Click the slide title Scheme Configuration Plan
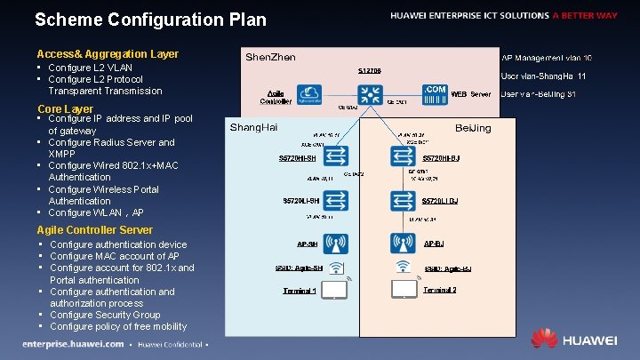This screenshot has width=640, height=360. (x=149, y=20)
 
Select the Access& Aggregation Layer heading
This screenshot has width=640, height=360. (x=108, y=54)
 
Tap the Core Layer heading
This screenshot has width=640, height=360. (x=65, y=108)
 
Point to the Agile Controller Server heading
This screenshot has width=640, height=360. (x=95, y=229)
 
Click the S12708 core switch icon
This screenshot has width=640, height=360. (x=369, y=93)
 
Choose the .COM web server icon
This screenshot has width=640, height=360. (x=435, y=94)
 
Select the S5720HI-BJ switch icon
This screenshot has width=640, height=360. (x=403, y=157)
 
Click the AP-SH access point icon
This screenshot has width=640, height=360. (x=335, y=242)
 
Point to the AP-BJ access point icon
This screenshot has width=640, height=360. (x=403, y=242)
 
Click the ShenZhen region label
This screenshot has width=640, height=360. (x=270, y=57)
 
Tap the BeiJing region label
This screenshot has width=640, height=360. (x=473, y=128)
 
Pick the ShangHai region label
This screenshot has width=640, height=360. (x=254, y=127)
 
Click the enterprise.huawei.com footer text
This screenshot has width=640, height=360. (x=74, y=344)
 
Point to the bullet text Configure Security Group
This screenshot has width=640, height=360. (x=105, y=315)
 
